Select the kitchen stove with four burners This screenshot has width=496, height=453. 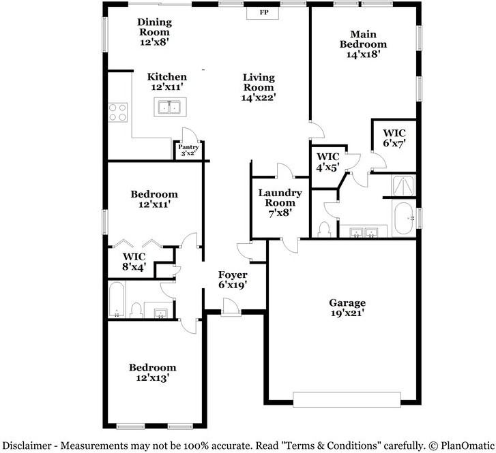point(117,112)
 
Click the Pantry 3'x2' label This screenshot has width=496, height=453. point(188,151)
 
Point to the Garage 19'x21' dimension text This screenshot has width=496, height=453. point(347,313)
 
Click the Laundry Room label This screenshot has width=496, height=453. point(276,202)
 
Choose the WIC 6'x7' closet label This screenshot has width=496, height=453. point(394,138)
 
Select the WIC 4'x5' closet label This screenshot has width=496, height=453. point(327,163)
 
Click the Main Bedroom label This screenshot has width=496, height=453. point(363,44)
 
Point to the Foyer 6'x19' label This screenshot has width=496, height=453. point(232,279)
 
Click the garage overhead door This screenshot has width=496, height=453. point(347,399)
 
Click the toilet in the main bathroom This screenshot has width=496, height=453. point(325,229)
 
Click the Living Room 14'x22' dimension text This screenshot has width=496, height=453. point(259,97)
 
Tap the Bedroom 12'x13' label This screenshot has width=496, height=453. point(153,372)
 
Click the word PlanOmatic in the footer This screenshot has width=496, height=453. point(466,445)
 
